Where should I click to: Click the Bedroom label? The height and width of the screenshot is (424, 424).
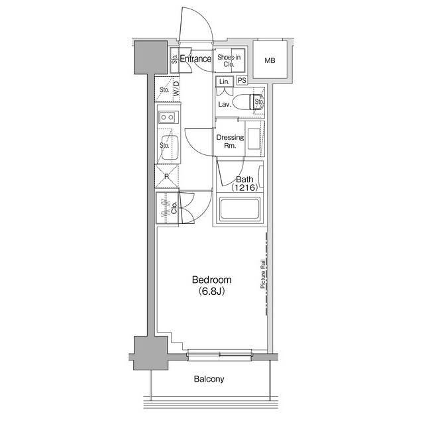pos(211,280)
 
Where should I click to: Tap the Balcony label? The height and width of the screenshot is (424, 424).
pos(209,379)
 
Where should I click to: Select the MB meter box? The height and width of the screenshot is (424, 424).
pos(270,60)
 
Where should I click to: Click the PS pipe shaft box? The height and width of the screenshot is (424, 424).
pos(242,80)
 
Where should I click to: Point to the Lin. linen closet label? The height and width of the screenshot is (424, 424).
pos(225,81)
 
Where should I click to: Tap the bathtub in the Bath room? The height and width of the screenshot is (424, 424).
pos(240,209)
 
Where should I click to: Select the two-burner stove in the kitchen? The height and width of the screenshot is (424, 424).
pos(168,117)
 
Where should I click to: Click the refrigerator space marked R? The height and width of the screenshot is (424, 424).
pos(166,176)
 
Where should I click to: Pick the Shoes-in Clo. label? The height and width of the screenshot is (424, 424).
pos(229,60)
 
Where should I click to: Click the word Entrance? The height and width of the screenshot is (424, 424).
pos(195,59)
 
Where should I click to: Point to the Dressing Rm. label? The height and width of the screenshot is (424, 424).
pos(230,141)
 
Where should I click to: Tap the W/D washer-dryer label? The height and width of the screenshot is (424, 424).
pos(176,88)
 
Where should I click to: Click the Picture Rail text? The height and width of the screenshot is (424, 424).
pos(262,274)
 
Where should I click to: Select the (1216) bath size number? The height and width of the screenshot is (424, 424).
pos(244,187)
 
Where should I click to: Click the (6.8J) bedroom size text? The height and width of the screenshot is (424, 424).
pos(211,291)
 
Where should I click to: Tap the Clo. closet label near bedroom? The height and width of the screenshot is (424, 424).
pos(174,207)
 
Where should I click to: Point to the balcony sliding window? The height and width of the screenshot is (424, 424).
pos(219,355)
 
